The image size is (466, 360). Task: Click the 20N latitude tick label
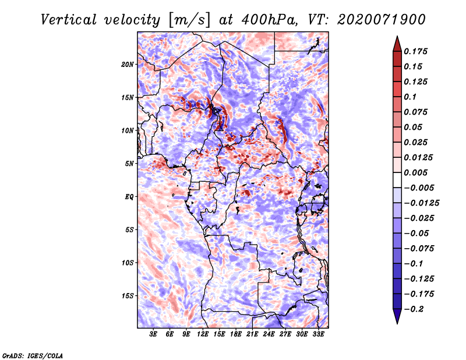pos(128,65)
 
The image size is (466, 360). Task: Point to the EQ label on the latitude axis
pos(129,197)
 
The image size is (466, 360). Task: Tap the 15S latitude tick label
pos(128,296)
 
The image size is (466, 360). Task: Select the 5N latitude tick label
pos(129,164)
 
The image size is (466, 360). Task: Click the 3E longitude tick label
pos(153,334)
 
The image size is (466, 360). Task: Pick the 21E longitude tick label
pos(252,334)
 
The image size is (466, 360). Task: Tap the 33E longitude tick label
pos(318,334)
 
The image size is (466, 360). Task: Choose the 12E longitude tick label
pos(203,334)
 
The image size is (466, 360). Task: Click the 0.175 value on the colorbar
pos(415,51)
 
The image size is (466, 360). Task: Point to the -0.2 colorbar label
pos(414,309)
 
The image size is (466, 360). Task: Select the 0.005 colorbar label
pos(415,172)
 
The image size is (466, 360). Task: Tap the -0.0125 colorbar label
pos(421,203)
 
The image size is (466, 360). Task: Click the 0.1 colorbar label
pos(410,97)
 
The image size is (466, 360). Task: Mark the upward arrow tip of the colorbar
pos(397,36)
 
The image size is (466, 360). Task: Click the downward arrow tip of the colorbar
pos(397,323)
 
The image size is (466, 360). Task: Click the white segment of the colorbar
pos(397,180)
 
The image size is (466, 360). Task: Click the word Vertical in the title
pos(69,20)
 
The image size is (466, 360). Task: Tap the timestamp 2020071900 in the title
pos(382,20)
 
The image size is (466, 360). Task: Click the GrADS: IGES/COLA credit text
pos(33,356)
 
